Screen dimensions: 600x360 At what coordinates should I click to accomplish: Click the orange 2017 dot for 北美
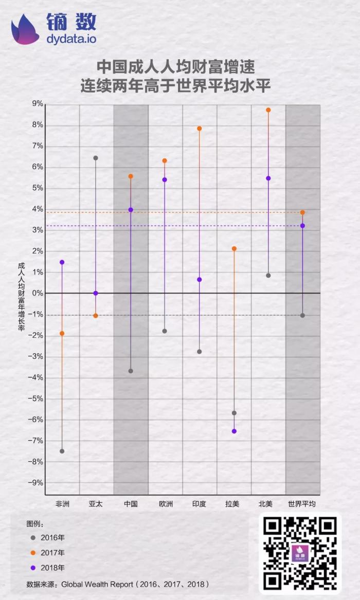[268, 110]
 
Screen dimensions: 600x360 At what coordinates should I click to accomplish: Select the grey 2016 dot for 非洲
[62, 451]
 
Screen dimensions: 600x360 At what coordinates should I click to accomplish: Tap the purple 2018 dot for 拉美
[234, 431]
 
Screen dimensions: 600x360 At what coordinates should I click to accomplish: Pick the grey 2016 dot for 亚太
[96, 158]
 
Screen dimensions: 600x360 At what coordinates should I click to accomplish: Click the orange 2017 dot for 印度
[200, 129]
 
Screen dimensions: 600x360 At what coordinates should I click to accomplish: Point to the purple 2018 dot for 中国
[131, 210]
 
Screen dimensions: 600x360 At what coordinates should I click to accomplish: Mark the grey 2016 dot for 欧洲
[165, 331]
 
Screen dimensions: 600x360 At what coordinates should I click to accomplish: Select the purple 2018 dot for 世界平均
[302, 226]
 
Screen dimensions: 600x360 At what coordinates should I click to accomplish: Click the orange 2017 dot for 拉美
[234, 249]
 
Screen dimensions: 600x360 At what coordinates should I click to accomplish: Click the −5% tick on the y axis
[36, 398]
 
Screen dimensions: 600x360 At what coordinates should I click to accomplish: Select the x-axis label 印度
[199, 504]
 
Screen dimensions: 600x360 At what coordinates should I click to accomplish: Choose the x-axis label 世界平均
[302, 504]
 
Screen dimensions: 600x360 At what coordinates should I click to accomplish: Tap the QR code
[300, 553]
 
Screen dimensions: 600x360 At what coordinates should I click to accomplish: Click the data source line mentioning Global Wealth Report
[118, 585]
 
